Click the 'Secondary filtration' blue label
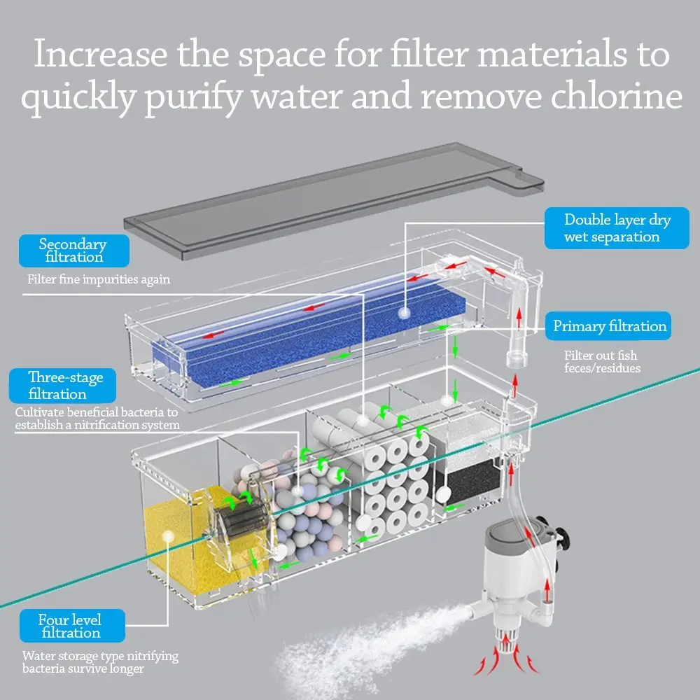pyautogui.click(x=73, y=251)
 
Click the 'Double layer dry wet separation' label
pyautogui.click(x=617, y=228)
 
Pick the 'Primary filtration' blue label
pyautogui.click(x=609, y=326)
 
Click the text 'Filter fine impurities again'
pyautogui.click(x=99, y=279)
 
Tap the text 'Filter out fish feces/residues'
pyautogui.click(x=602, y=362)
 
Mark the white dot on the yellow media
pyautogui.click(x=167, y=537)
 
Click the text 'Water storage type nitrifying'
pyautogui.click(x=100, y=657)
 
